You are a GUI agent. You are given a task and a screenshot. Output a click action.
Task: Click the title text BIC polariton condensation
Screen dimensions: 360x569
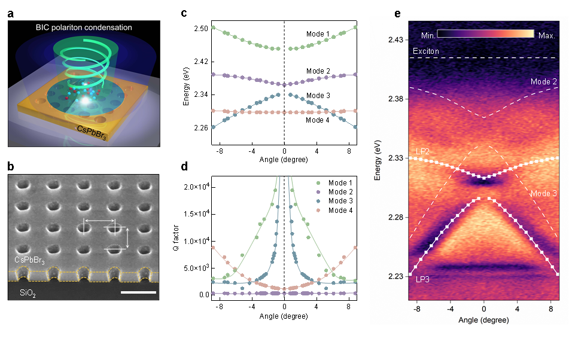click(x=84, y=28)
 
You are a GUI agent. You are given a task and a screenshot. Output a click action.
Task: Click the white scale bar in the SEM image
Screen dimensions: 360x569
click(x=138, y=292)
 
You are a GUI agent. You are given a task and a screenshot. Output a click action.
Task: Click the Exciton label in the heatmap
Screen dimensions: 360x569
click(x=425, y=51)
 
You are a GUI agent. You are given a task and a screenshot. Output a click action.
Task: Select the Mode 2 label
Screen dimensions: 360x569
click(x=544, y=81)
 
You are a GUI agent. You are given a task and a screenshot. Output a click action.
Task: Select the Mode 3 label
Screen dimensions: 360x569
click(x=544, y=194)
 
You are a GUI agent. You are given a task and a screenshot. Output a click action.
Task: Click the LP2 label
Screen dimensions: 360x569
click(x=422, y=151)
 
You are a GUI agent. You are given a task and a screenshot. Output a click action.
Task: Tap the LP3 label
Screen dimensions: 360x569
click(x=422, y=279)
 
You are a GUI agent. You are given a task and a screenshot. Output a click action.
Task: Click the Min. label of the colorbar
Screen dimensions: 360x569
click(x=428, y=34)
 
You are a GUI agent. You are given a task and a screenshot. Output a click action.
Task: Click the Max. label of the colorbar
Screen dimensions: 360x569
click(x=546, y=35)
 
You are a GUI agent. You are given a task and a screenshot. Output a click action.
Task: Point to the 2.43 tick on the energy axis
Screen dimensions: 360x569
click(x=395, y=39)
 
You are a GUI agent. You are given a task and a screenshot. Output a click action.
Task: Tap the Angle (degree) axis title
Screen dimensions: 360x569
click(x=483, y=320)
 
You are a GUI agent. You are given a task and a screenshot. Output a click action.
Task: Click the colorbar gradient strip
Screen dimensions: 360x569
click(x=485, y=33)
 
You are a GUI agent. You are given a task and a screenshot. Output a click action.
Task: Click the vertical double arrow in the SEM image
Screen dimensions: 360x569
click(x=127, y=237)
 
